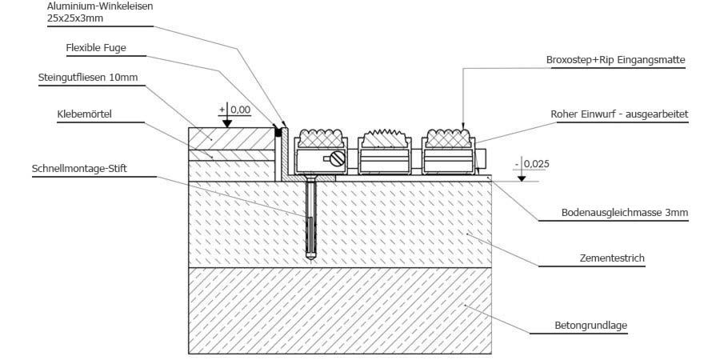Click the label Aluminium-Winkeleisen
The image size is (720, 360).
[x=100, y=6]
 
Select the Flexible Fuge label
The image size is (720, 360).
[x=96, y=48]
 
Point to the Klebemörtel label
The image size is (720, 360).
[x=85, y=114]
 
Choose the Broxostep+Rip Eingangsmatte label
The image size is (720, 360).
[x=615, y=59]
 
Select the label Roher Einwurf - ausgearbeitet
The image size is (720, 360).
[x=619, y=114]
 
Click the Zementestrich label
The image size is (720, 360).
[x=612, y=258]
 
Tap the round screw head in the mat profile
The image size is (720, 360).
[x=336, y=159]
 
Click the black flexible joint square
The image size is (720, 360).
[x=278, y=130]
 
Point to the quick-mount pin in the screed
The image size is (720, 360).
[x=310, y=220]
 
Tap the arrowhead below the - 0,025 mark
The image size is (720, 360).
[x=521, y=177]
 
